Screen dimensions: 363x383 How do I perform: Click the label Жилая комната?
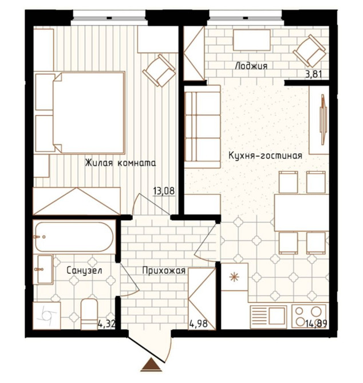coord(120,163)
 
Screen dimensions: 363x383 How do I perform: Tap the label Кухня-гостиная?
coord(266,155)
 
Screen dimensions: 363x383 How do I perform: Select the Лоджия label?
coord(251,66)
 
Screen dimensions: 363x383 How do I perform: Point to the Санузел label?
coord(84,270)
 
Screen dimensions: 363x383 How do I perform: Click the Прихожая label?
coord(164,270)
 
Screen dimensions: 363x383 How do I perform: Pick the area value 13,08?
coord(164,191)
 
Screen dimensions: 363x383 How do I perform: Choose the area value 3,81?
coord(313,74)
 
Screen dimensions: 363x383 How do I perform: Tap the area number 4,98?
coord(198,324)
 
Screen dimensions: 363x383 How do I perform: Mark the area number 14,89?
coord(316,324)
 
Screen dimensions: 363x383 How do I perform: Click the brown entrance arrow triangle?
coord(151,365)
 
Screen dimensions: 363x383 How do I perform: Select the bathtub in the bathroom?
coord(74,237)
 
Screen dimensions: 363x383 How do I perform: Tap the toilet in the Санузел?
coord(89,314)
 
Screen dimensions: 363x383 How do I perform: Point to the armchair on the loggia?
coord(309,51)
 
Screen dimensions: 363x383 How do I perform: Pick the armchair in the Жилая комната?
coord(159,70)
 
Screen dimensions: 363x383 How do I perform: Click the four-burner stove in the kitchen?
coord(309,316)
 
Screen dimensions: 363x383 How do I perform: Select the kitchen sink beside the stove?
coord(269,317)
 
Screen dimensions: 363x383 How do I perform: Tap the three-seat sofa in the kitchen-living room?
coord(202,126)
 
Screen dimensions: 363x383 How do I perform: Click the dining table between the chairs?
coord(301,213)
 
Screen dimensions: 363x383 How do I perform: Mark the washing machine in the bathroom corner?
coord(47,316)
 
